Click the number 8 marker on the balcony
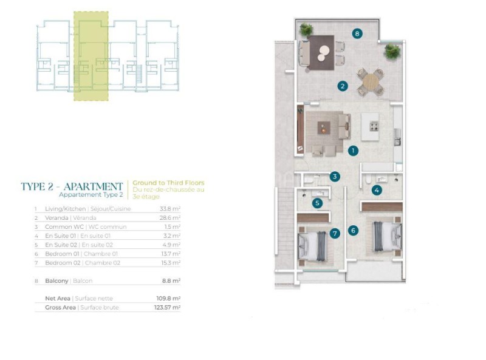click(x=357, y=33)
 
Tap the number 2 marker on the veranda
click(x=343, y=86)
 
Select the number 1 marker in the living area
click(x=353, y=151)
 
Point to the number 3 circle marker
click(x=335, y=177)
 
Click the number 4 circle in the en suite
click(x=377, y=190)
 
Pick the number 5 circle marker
click(x=317, y=203)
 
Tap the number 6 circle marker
click(x=353, y=230)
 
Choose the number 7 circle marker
click(x=335, y=233)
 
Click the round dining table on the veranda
click(x=371, y=82)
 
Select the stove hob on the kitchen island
click(x=374, y=126)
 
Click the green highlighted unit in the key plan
click(x=91, y=56)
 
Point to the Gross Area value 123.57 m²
click(x=168, y=307)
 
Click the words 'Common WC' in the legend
click(x=64, y=227)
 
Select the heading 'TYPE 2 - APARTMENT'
click(x=72, y=186)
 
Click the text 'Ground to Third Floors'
click(x=168, y=183)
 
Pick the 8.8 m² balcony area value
click(x=171, y=280)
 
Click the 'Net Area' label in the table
click(x=58, y=298)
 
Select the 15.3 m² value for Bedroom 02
click(x=170, y=263)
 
